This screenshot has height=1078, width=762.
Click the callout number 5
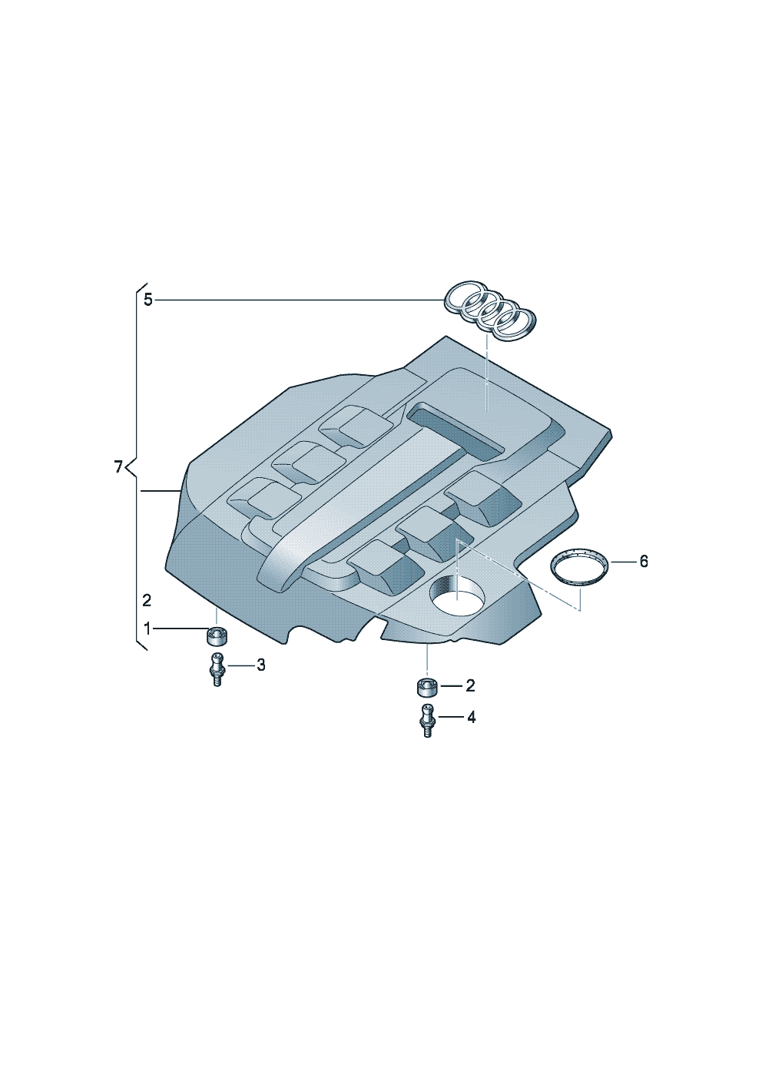(x=148, y=300)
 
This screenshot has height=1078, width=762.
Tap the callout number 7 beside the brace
(x=118, y=466)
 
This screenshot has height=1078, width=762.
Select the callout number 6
(x=643, y=562)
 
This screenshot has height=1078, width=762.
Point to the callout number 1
(x=147, y=629)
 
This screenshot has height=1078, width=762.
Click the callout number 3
(x=260, y=665)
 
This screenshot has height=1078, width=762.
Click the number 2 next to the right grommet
(x=470, y=686)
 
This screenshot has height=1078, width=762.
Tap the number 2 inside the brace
(x=147, y=601)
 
